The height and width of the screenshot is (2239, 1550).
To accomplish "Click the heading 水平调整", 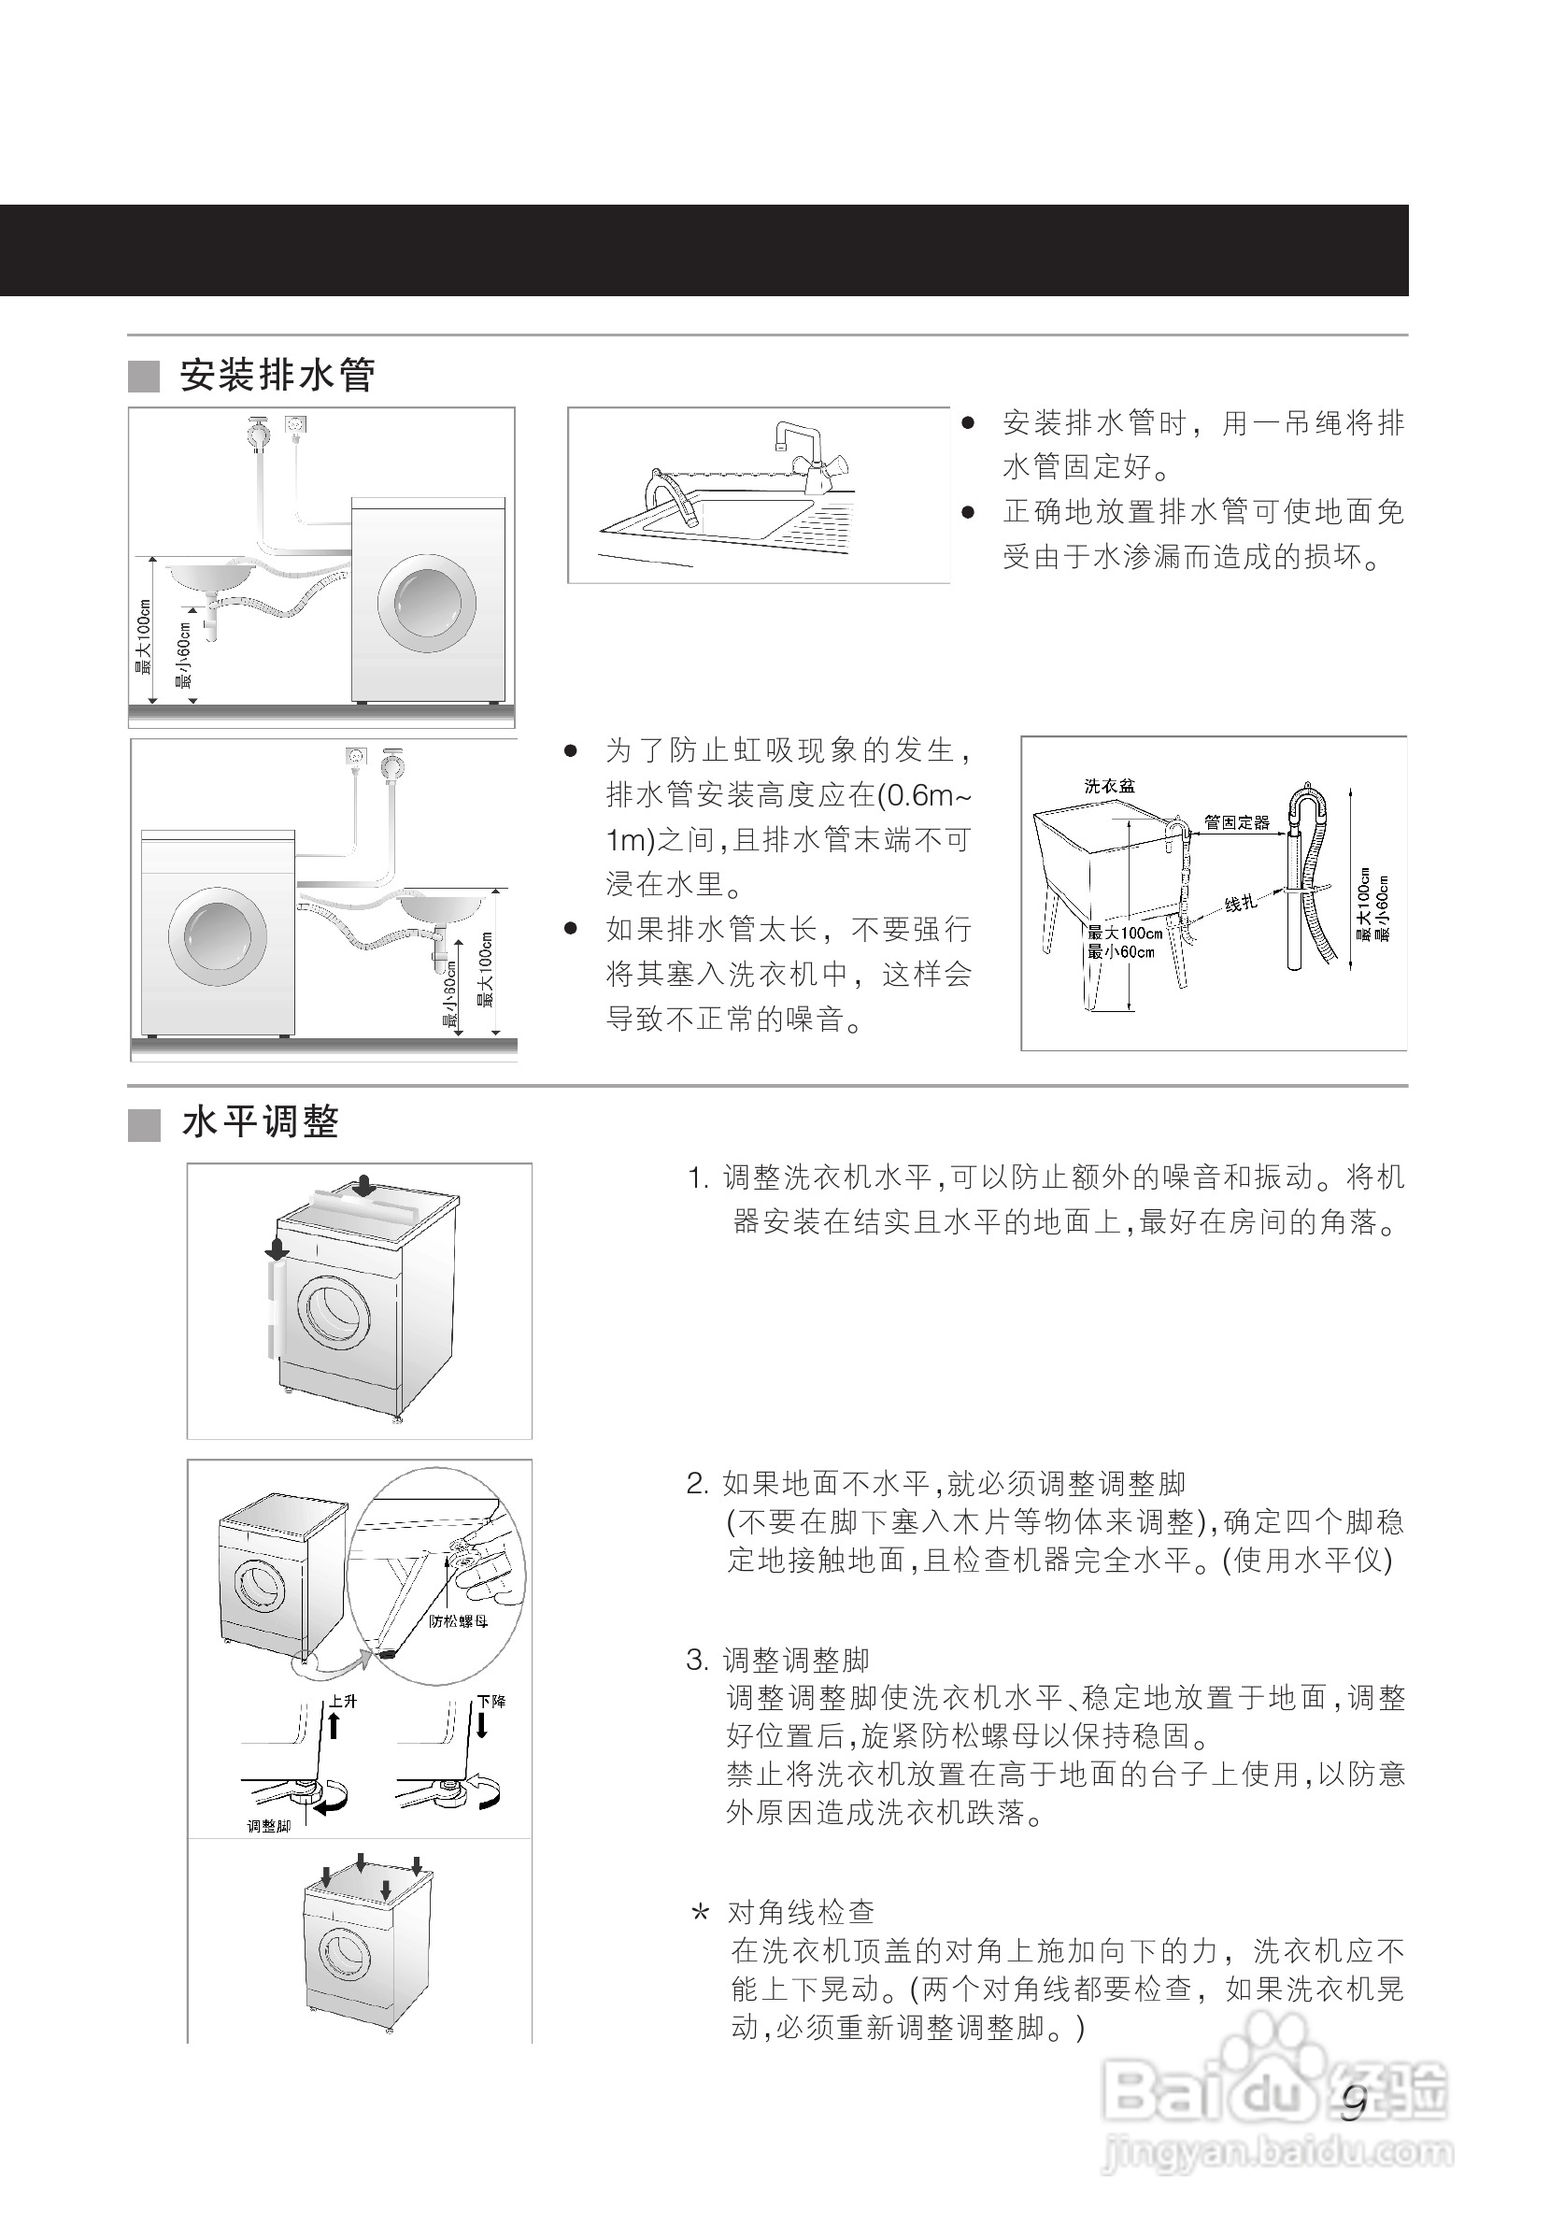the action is coord(261,1123).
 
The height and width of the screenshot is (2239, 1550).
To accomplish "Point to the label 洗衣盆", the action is coord(1109,786).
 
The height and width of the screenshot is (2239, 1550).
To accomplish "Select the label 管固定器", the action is coord(1236,822).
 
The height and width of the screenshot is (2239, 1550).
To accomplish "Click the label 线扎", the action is coord(1240,904).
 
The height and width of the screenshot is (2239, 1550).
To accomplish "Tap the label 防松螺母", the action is coord(459,1620).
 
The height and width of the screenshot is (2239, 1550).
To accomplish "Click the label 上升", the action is coord(344,1702).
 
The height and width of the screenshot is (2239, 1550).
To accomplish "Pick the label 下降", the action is coord(491,1702).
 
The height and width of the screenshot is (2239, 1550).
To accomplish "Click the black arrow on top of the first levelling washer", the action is coord(365,1186).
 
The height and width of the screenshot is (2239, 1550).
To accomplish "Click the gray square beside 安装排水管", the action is coord(144,377).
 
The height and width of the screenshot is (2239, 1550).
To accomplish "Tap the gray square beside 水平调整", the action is coord(144,1126).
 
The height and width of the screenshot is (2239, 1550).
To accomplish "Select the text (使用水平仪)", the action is coord(1307,1561).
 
